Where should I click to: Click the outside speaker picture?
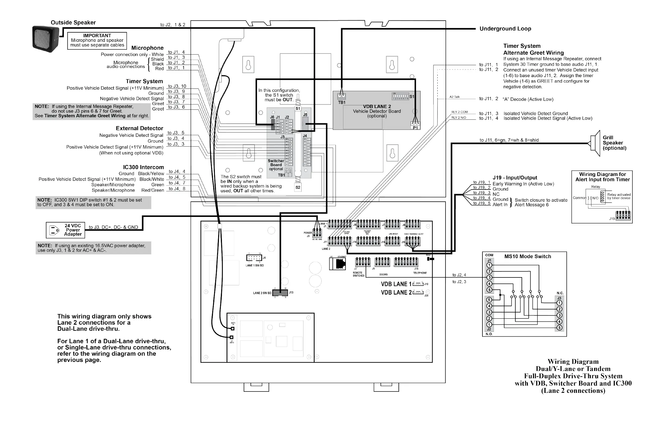tap(46, 39)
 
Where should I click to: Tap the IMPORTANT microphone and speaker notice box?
tap(97, 40)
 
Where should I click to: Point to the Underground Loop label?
tap(505, 29)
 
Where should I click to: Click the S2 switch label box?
tap(298, 187)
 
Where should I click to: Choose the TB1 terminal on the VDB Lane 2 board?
tap(341, 96)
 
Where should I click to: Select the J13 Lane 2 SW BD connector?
tap(280, 293)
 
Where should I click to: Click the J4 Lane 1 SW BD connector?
tap(254, 258)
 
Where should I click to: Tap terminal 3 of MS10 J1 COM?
tap(489, 277)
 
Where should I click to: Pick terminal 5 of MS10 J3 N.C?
tap(559, 328)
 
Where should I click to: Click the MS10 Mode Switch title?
tap(528, 256)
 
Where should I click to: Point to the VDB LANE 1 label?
tap(396, 284)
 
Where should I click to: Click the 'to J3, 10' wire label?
tap(177, 86)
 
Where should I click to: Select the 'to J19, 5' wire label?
tap(482, 203)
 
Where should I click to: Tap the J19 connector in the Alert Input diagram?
tap(623, 216)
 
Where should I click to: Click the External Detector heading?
tap(139, 128)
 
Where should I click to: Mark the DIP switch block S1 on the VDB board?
tap(400, 97)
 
